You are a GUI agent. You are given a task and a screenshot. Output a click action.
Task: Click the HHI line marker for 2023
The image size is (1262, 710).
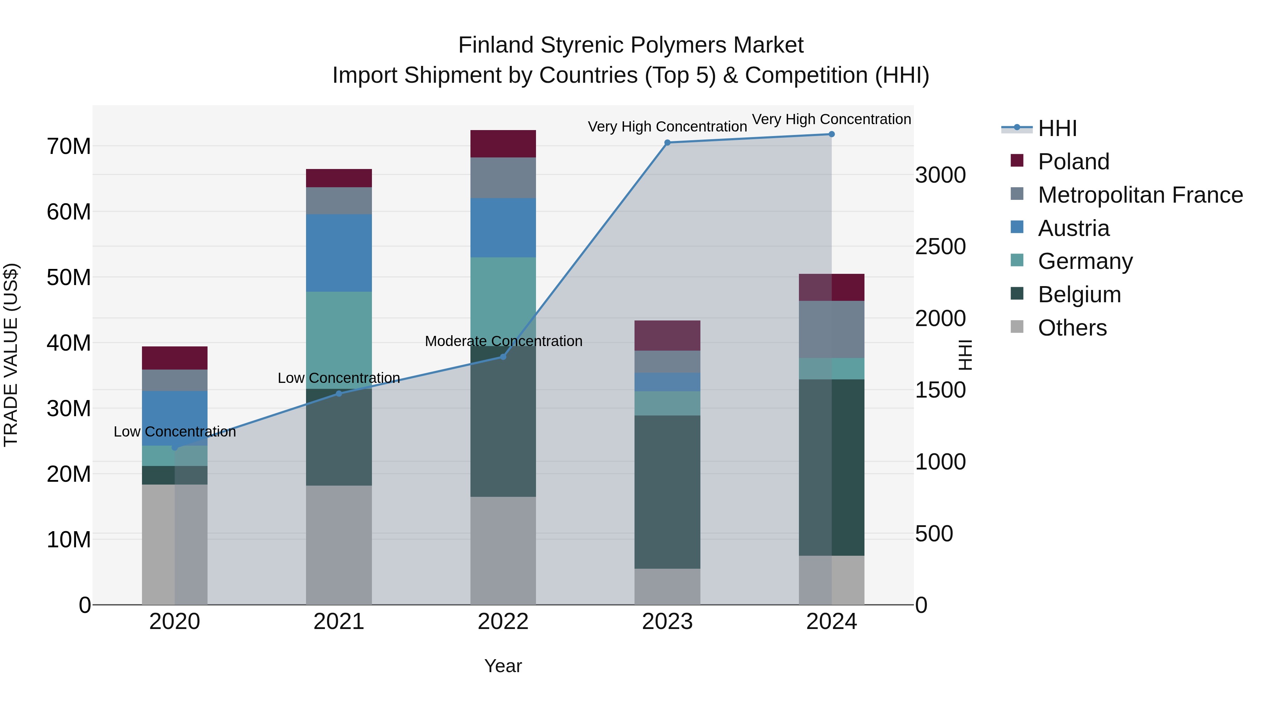tap(667, 143)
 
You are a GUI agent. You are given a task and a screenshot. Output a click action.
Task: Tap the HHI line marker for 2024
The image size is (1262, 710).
tap(832, 134)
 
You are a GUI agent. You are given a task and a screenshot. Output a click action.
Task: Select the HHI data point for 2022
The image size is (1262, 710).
tap(503, 357)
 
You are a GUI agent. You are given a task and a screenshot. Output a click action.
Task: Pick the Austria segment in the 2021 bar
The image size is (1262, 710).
tap(339, 253)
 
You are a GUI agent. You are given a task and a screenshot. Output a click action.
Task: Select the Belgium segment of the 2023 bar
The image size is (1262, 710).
tap(667, 492)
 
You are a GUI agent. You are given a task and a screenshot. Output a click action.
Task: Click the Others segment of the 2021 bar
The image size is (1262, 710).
tap(339, 545)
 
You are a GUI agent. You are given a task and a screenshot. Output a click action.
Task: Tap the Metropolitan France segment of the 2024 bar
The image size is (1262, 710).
tap(832, 329)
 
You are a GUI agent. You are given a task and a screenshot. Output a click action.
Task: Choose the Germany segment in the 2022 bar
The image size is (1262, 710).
tap(503, 301)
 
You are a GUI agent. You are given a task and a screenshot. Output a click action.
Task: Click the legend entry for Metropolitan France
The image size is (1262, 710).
tap(1140, 195)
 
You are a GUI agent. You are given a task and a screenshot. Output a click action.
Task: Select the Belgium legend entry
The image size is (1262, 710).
tap(1079, 295)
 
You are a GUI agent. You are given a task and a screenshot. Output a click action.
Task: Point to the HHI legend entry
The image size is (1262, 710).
tap(1057, 128)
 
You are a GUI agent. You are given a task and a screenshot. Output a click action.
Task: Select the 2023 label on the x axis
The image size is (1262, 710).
tap(667, 622)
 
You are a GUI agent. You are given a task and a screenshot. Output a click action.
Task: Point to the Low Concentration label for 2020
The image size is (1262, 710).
tap(175, 432)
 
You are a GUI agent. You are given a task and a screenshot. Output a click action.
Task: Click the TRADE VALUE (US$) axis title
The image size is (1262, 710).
tap(11, 355)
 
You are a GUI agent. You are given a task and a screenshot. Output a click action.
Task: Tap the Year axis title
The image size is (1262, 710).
tap(503, 666)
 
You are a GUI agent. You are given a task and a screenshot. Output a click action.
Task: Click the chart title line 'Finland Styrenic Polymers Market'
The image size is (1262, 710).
tap(631, 45)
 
